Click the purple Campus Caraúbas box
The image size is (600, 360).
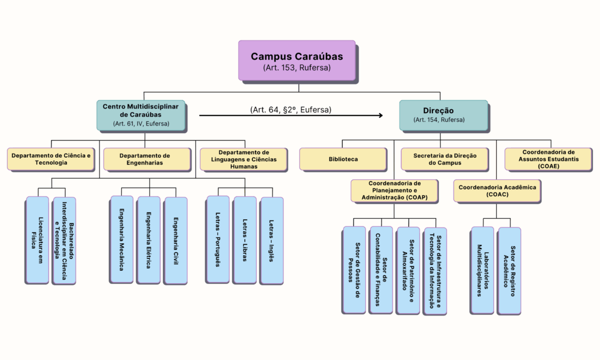297,60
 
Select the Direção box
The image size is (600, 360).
444,116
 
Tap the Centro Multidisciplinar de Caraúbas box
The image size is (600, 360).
141,116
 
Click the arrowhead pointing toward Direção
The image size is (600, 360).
380,116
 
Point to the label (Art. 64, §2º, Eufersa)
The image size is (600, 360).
291,110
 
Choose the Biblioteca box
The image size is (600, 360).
343,159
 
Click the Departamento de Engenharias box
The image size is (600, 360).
147,159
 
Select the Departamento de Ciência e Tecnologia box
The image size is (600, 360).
51,159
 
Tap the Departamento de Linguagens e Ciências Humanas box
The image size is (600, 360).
243,159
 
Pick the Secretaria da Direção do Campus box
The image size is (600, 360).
445,159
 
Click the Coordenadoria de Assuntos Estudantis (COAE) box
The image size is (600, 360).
548,159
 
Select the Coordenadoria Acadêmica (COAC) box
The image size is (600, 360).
497,191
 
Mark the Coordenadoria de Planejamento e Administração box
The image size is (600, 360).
394,191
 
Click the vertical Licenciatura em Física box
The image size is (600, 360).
37,240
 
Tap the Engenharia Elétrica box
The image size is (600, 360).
148,240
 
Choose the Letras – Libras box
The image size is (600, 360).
244,240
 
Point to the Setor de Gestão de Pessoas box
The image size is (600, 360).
354,270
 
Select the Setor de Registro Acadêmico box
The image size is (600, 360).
509,270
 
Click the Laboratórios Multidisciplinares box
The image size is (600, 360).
482,270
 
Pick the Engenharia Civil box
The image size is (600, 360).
176,240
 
